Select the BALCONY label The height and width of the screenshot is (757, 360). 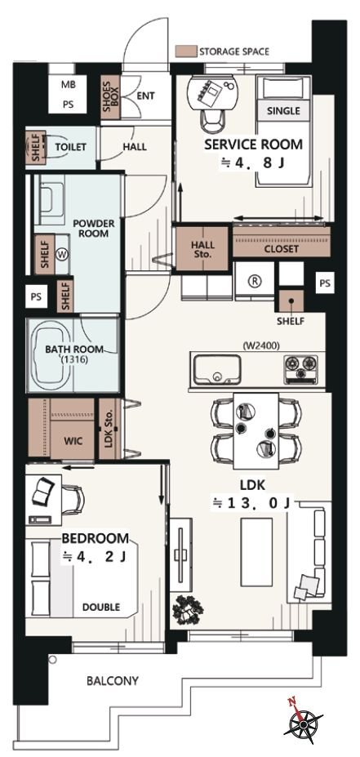point(113,681)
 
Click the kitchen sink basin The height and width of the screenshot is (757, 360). point(216,370)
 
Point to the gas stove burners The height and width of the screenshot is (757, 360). point(300,369)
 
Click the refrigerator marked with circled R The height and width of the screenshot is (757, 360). point(254,281)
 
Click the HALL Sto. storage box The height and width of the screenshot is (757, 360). point(202,248)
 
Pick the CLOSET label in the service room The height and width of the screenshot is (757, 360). point(282,250)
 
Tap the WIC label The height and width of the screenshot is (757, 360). point(73,441)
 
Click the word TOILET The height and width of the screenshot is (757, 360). point(70,147)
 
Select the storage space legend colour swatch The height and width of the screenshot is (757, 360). point(186,51)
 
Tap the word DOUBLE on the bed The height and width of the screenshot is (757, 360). point(101,607)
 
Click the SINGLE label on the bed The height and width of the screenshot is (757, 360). point(284,110)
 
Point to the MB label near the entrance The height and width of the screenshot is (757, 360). point(69,84)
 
